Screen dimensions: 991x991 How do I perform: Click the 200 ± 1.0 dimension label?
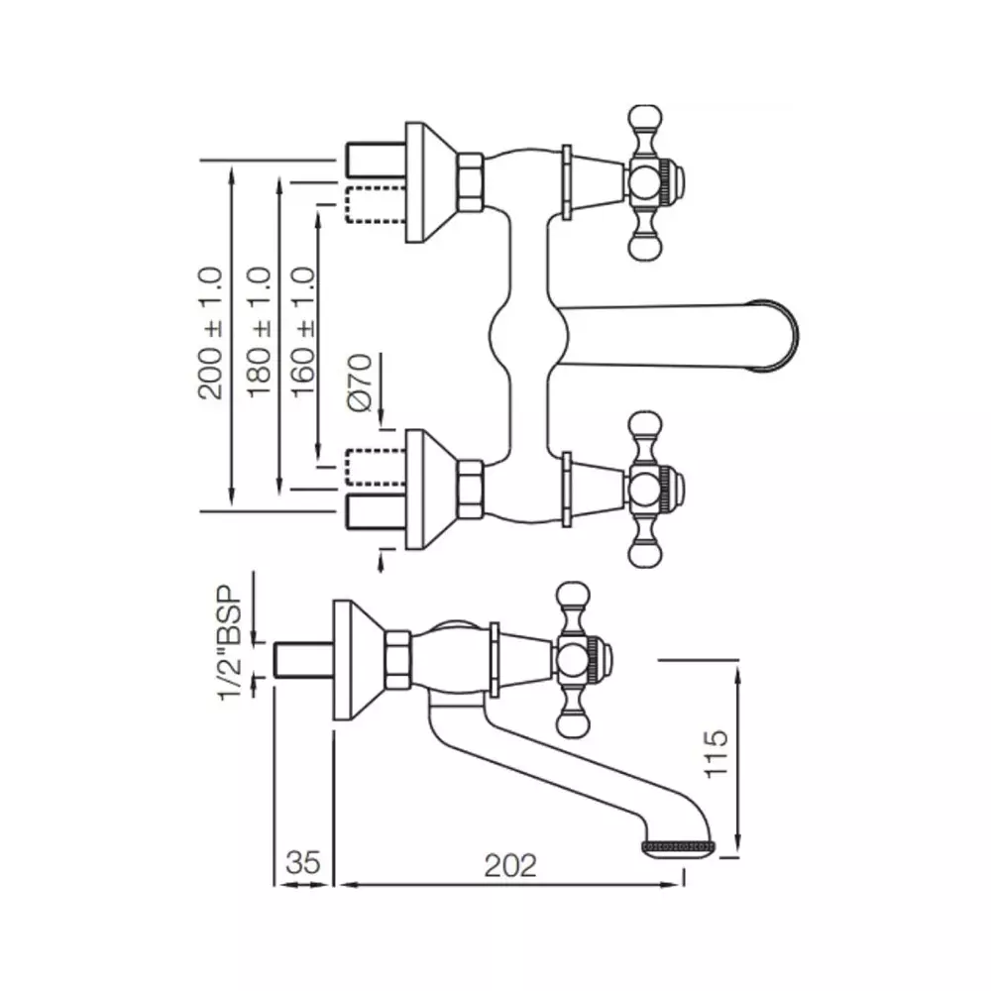click(211, 333)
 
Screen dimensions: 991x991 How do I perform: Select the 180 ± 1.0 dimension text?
click(260, 333)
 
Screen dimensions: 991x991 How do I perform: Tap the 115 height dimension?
click(719, 753)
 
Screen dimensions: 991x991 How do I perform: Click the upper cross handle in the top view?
click(649, 183)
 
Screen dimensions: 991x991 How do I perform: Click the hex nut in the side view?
click(398, 661)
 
